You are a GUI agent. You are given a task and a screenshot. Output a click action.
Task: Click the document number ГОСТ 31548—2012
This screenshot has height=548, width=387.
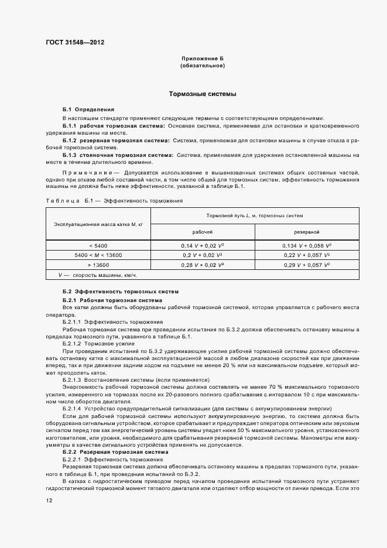click(x=75, y=42)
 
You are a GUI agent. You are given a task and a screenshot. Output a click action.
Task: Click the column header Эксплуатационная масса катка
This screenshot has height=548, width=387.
click(x=94, y=224)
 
